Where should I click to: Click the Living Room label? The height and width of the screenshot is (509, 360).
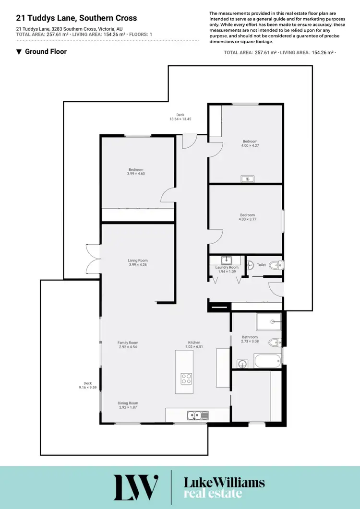click(x=138, y=260)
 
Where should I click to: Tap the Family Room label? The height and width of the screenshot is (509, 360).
click(x=128, y=343)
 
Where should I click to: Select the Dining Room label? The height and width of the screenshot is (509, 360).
click(x=128, y=403)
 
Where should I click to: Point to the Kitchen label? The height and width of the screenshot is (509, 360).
click(x=194, y=343)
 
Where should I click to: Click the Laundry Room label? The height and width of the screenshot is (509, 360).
click(x=227, y=267)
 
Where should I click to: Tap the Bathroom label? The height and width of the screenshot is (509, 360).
click(x=250, y=337)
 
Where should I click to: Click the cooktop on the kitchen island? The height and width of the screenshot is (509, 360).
click(x=187, y=379)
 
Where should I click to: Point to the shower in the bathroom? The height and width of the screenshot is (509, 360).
click(x=268, y=322)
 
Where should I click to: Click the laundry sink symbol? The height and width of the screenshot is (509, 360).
click(x=224, y=260)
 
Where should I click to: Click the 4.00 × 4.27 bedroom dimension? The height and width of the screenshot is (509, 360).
click(x=250, y=146)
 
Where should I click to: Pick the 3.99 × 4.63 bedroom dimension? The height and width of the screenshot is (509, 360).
click(x=136, y=174)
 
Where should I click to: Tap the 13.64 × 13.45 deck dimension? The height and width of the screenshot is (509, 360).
click(x=180, y=119)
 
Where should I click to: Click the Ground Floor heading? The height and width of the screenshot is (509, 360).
click(x=45, y=51)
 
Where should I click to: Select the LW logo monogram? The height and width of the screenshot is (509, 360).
click(x=136, y=487)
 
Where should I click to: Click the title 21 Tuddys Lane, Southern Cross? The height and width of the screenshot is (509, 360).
click(x=76, y=18)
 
